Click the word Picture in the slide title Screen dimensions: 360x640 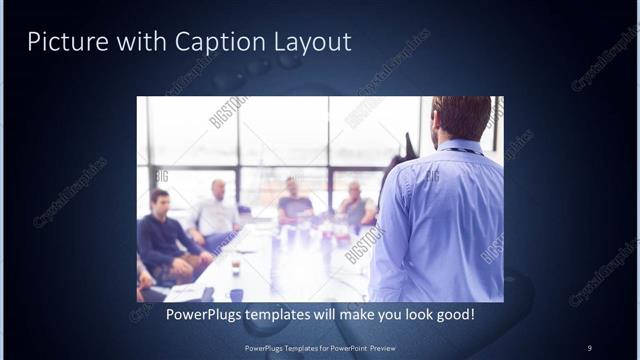coord(62,42)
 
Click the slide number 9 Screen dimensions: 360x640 coord(590,348)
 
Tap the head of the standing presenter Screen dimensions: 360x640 coord(462,118)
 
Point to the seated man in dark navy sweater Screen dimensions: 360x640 coord(165,240)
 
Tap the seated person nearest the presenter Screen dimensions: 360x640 coord(355,205)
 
